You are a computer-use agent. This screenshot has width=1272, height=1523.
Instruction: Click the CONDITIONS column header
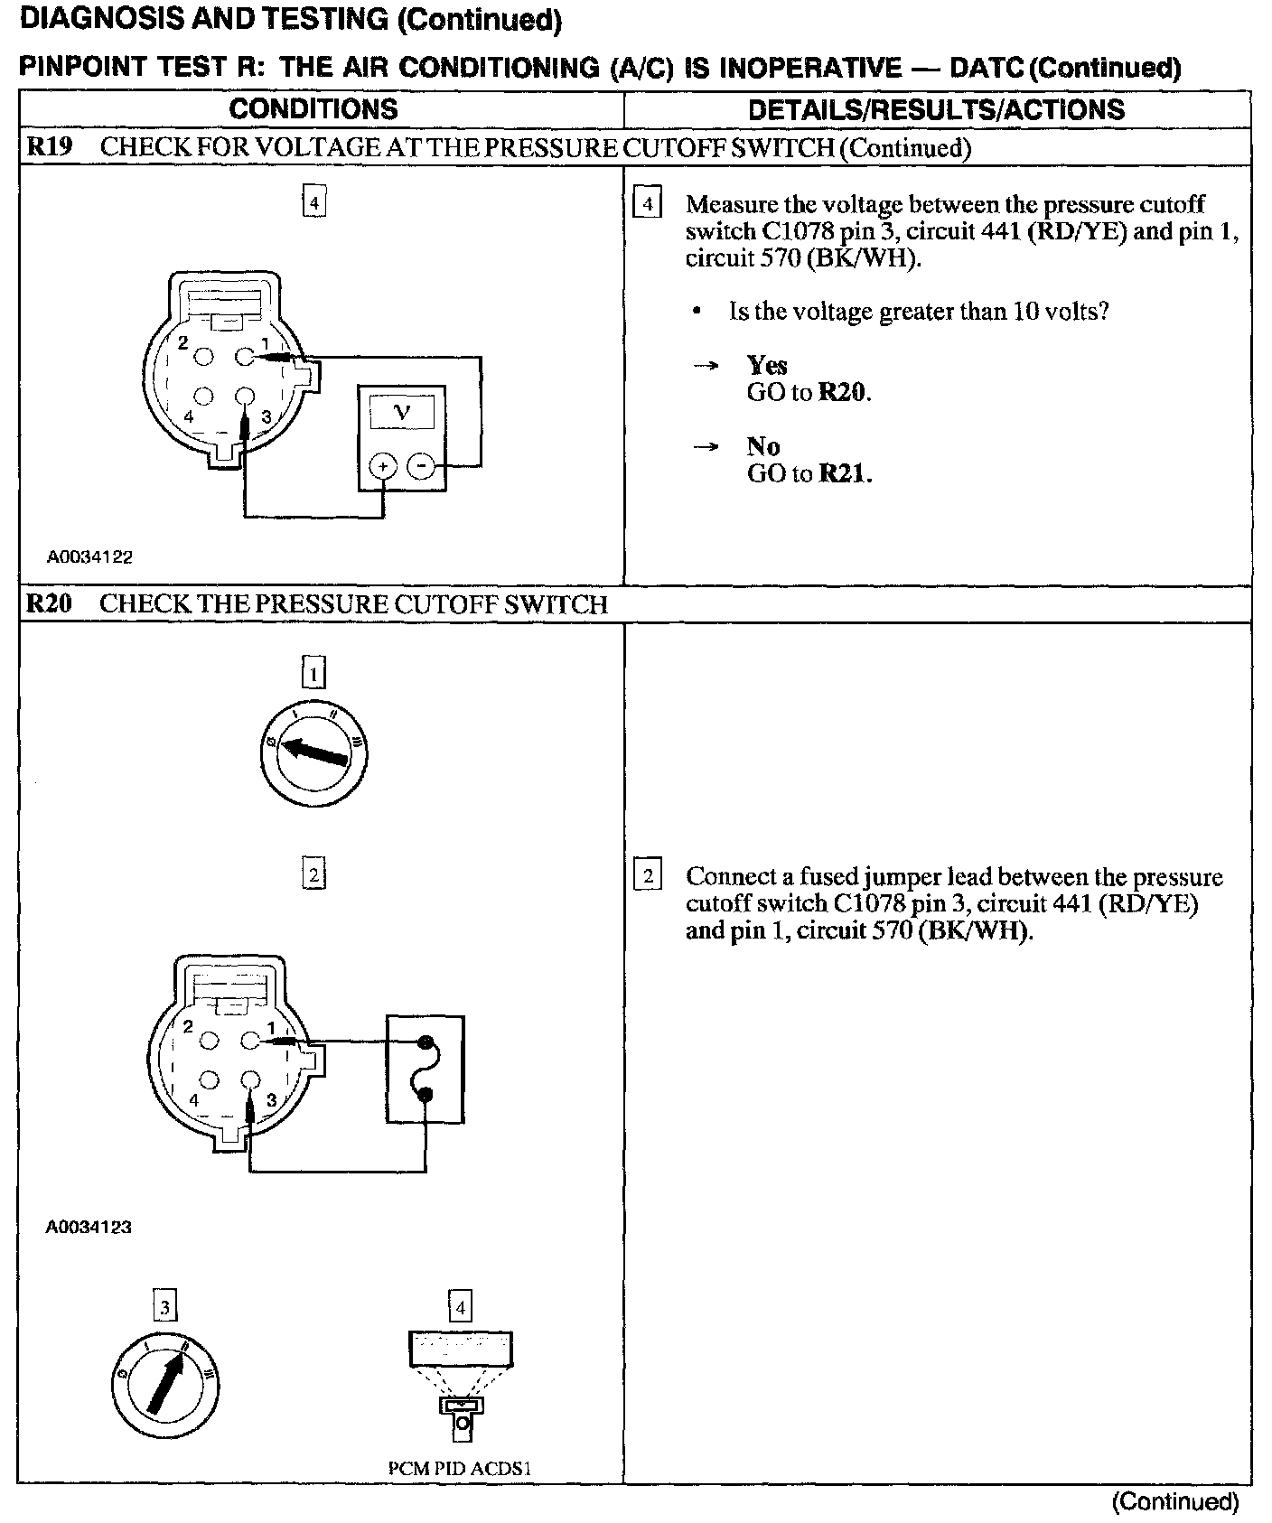tap(313, 109)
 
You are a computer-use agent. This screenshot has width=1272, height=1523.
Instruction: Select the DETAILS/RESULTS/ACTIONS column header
tap(937, 109)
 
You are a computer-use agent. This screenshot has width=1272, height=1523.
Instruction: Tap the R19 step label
tap(49, 147)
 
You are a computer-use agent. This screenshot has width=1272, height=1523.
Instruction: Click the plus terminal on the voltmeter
tap(384, 466)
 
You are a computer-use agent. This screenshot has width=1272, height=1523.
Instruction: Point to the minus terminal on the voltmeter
tap(421, 466)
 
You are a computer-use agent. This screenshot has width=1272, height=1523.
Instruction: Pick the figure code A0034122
tap(90, 557)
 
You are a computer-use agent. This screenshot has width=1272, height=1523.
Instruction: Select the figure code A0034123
tap(89, 1228)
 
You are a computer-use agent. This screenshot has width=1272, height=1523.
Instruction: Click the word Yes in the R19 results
tap(767, 365)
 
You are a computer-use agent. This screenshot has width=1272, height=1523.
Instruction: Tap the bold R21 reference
tap(844, 473)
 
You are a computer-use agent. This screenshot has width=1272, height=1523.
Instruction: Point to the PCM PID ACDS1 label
tap(460, 1468)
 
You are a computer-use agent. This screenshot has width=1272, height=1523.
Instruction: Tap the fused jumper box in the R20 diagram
tap(426, 1070)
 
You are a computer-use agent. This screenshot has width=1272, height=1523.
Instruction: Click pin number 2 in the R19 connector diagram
tap(183, 343)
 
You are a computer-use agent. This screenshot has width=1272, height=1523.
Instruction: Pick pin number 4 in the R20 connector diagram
tap(193, 1100)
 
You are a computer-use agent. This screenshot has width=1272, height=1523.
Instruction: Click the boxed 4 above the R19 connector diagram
tap(313, 203)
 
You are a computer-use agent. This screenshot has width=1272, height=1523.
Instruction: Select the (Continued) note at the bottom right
tap(1174, 1501)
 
